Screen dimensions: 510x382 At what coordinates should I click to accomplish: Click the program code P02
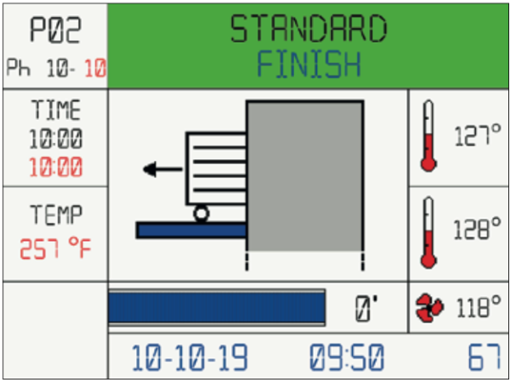point(55,30)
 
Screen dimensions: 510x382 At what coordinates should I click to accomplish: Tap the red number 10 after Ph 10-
point(95,69)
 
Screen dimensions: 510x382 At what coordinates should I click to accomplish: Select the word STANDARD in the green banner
point(309,29)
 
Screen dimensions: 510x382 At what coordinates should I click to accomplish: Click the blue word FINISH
point(309,64)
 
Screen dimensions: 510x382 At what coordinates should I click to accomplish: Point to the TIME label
point(56,110)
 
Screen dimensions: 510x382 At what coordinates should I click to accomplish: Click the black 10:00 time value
point(55,139)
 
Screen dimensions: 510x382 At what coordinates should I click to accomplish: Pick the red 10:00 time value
point(55,167)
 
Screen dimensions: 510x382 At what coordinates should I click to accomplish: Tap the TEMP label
point(56,215)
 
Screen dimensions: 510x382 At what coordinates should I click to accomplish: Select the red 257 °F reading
point(55,248)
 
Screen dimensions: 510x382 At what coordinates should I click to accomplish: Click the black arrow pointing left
point(162,169)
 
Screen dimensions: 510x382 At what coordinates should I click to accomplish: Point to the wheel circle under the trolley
point(201,214)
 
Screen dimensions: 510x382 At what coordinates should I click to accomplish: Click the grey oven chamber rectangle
point(305,176)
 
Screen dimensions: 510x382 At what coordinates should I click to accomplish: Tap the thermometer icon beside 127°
point(428,135)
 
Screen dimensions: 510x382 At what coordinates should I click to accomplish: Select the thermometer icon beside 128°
point(428,232)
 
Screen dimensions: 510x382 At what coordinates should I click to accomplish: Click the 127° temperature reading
point(477,135)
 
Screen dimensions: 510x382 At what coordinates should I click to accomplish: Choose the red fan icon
point(429,308)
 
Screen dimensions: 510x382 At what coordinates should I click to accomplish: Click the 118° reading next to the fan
point(479,307)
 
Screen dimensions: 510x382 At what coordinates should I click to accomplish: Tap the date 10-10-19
point(190,357)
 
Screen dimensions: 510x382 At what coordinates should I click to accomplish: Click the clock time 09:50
point(347,357)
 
